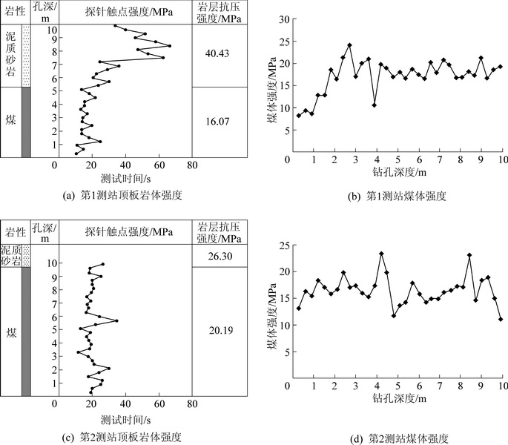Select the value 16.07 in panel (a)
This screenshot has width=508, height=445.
click(x=219, y=119)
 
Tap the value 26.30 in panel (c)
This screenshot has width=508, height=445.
click(x=219, y=256)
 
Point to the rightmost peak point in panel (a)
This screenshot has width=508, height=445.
click(x=170, y=46)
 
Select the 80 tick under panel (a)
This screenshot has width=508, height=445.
click(x=192, y=165)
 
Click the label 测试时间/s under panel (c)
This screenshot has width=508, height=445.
click(x=123, y=417)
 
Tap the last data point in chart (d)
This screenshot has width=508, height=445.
click(x=501, y=319)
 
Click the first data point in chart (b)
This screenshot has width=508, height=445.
click(x=299, y=116)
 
